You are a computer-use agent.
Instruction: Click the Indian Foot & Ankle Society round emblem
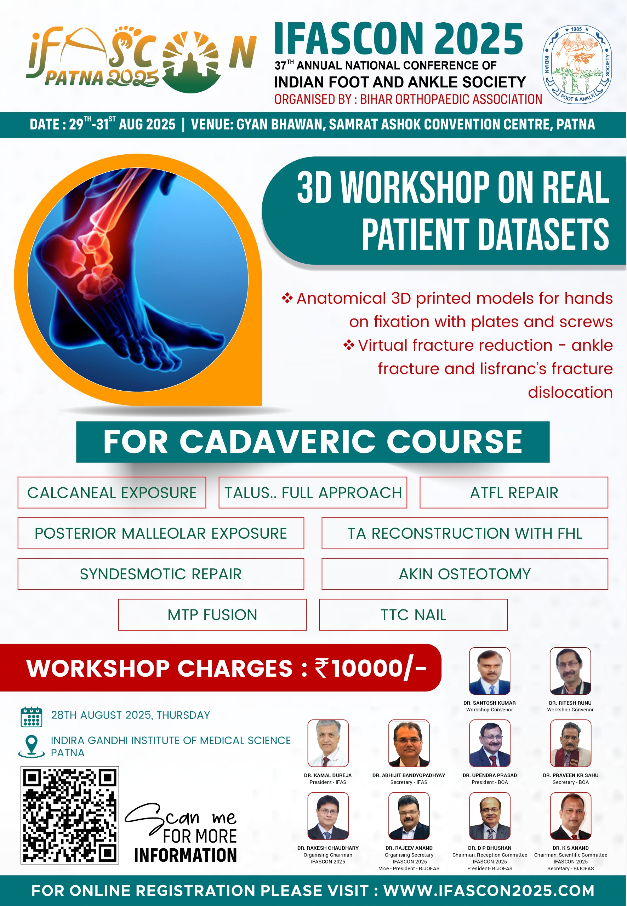point(577,64)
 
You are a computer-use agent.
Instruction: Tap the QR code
point(69,815)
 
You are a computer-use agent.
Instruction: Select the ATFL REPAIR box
point(514,493)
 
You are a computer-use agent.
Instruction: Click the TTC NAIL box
point(413,615)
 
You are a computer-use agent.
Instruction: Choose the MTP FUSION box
point(212,615)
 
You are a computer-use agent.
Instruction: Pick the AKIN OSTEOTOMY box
point(465,574)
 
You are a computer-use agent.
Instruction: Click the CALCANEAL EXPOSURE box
point(112,493)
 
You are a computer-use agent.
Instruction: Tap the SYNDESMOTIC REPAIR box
point(161,574)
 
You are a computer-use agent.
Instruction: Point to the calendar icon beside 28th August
point(31,717)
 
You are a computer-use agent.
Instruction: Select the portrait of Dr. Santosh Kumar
point(490,671)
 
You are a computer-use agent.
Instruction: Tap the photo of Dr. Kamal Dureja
point(328,743)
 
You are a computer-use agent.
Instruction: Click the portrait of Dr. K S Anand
point(570,816)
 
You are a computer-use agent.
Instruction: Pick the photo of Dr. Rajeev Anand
point(409,816)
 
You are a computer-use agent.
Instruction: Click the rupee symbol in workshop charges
point(322,668)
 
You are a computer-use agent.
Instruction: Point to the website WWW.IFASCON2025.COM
point(489,891)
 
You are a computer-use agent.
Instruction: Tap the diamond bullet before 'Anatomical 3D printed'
point(287,298)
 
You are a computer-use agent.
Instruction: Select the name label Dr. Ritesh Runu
point(570,703)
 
